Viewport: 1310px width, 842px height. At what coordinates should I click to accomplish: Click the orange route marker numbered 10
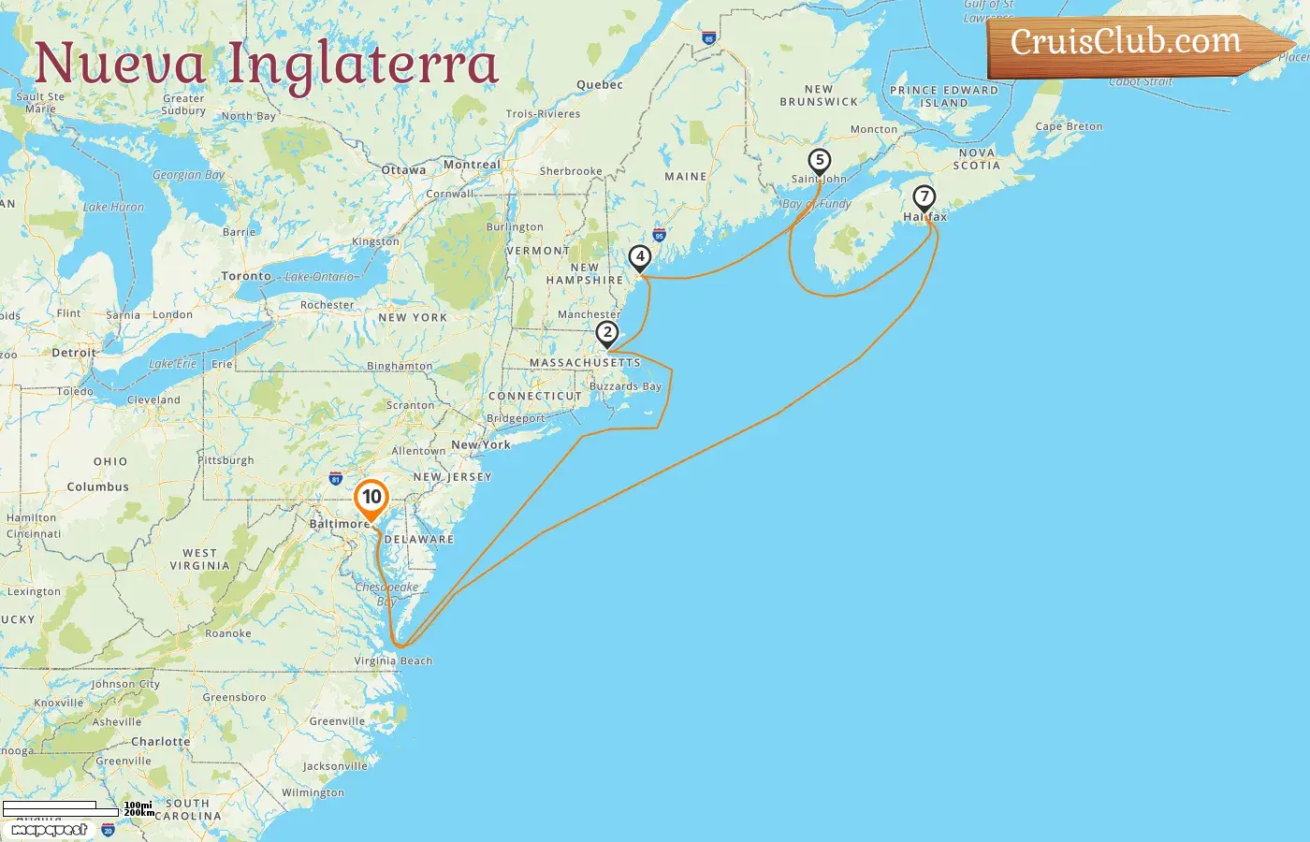point(371,498)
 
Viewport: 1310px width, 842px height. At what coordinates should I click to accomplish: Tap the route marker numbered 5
point(820,161)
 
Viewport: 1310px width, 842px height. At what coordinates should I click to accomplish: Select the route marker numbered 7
point(924,197)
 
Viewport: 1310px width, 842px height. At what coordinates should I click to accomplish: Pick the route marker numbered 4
point(640,256)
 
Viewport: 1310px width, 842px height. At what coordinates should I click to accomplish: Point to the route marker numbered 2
point(607,333)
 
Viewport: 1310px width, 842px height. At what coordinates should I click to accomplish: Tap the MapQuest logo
point(51,830)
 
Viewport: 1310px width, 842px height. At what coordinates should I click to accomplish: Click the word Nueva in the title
point(120,64)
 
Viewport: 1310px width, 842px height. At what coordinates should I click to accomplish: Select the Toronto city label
point(246,276)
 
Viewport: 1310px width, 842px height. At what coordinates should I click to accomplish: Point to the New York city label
point(481,444)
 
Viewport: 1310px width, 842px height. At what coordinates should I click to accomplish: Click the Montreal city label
point(472,165)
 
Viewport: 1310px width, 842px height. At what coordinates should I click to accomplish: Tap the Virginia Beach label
point(393,661)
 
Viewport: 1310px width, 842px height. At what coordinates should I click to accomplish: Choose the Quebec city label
point(599,84)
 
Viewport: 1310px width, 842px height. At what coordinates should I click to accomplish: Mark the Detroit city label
point(74,353)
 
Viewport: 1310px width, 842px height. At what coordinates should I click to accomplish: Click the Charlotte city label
point(160,741)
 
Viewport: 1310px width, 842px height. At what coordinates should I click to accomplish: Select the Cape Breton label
point(1069,126)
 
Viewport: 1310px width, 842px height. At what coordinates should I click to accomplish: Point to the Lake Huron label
point(113,207)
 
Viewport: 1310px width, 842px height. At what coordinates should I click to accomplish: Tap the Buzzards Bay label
point(625,386)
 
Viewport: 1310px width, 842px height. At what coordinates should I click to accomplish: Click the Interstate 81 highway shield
point(336,479)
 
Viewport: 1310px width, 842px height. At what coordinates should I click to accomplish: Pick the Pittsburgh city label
point(226,460)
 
